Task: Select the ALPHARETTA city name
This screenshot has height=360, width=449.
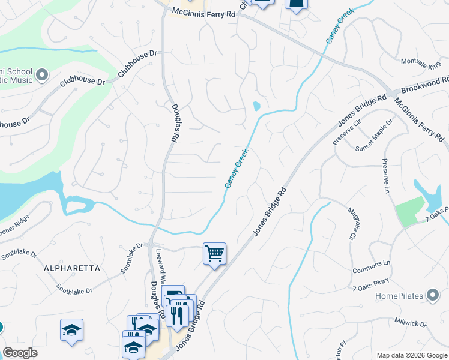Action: tap(71, 268)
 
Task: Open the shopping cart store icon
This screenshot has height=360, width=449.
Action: tap(214, 254)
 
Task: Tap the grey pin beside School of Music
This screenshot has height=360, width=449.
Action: tap(41, 75)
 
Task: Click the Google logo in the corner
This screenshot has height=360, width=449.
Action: tap(20, 353)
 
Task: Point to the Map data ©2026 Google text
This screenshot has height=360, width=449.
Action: tap(411, 355)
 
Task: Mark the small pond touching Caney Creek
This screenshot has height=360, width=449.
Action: tap(257, 107)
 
